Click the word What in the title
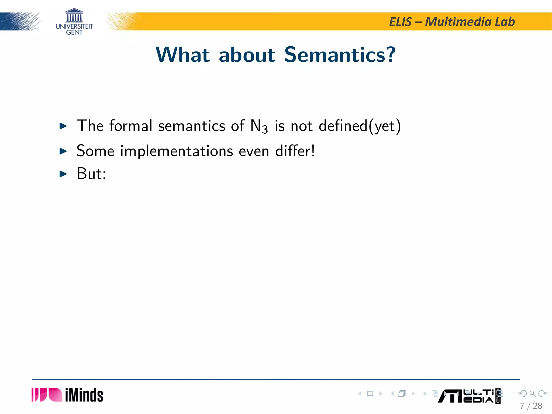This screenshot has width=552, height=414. (x=183, y=55)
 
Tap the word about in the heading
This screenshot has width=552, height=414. (x=247, y=55)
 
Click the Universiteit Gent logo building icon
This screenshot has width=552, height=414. (x=74, y=15)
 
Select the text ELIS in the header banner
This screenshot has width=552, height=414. (x=400, y=22)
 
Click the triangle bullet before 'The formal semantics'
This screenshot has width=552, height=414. (x=63, y=126)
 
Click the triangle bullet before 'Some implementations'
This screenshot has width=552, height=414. (x=63, y=151)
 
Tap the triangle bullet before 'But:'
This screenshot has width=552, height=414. (x=63, y=174)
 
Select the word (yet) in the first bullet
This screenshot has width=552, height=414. (x=385, y=126)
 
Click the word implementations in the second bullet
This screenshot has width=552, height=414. (x=177, y=151)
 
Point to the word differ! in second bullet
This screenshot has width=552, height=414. (x=295, y=151)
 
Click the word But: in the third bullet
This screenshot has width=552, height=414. (x=91, y=174)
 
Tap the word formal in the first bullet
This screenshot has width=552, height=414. (x=131, y=126)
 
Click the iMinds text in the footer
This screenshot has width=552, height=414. (x=84, y=395)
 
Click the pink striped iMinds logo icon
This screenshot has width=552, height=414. (x=47, y=395)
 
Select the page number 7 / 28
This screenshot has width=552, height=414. (x=531, y=406)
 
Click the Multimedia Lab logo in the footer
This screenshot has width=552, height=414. (x=469, y=396)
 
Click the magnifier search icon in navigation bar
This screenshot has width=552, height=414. (x=532, y=394)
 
